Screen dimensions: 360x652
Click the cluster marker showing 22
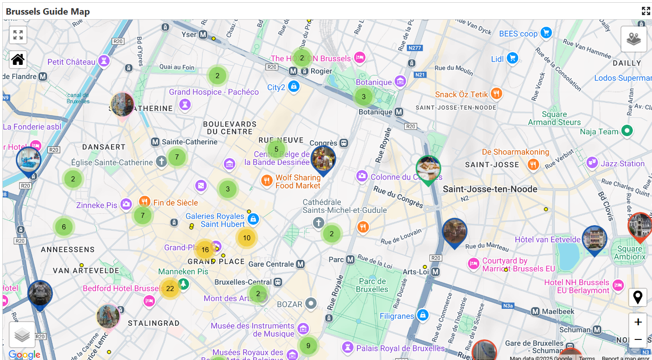click(170, 289)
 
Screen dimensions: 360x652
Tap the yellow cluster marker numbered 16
click(205, 249)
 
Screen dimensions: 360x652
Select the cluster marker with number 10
click(247, 238)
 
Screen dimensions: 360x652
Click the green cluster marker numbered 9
click(308, 345)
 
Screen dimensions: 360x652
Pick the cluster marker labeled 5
click(276, 149)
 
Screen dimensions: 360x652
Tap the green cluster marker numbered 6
click(64, 227)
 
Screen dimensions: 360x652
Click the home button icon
click(18, 59)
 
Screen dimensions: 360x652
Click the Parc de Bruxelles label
click(372, 285)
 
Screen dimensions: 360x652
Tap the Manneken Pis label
click(183, 271)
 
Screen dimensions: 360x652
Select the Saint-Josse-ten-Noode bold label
click(490, 189)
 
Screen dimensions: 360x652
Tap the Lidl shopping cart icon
click(513, 58)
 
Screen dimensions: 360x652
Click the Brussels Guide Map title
click(48, 11)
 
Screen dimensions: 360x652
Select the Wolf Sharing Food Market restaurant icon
click(267, 180)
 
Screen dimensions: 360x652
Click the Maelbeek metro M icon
click(535, 312)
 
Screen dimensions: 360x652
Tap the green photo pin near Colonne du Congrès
click(428, 169)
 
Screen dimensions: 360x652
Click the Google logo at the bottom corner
click(24, 355)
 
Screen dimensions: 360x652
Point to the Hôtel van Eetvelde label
click(547, 239)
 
